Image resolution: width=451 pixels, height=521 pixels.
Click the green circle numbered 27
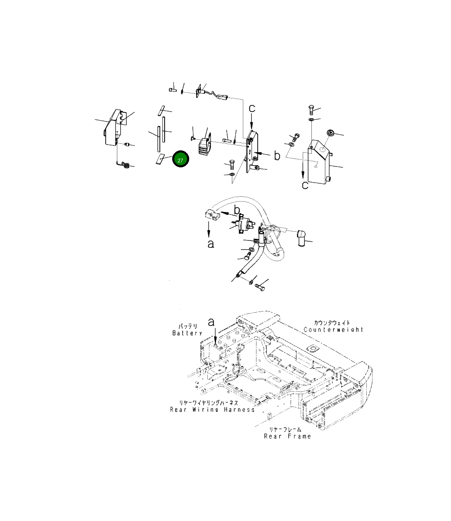[180, 159]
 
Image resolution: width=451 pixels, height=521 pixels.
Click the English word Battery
[187, 333]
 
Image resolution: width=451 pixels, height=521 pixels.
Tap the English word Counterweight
[333, 330]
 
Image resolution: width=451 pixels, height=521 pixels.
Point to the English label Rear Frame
[287, 436]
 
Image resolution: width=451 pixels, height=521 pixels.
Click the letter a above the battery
[211, 322]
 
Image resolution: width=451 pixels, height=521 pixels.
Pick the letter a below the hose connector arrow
[211, 244]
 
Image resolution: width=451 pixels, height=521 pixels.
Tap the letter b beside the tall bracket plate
[277, 155]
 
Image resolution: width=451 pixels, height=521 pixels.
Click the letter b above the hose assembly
[237, 209]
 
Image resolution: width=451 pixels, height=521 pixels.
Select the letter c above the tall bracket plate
[252, 109]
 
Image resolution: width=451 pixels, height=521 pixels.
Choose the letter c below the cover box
[305, 185]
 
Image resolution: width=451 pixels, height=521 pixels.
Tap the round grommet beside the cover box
[330, 133]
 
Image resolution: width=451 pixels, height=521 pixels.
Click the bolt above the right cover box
[312, 110]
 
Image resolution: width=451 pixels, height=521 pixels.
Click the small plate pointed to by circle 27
[160, 159]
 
